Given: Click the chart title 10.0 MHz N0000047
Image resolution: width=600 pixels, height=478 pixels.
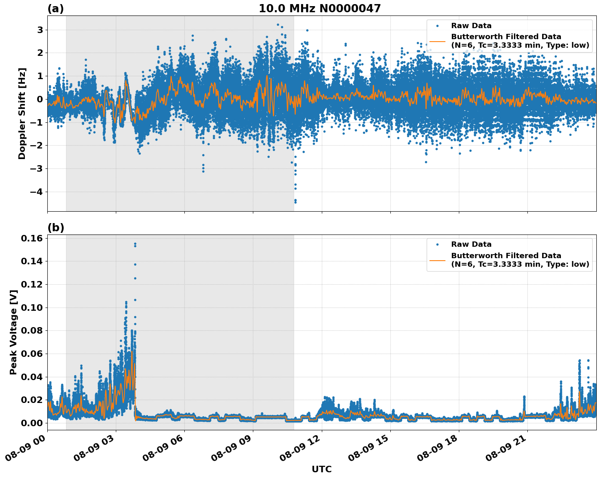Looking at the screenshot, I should pos(320,9).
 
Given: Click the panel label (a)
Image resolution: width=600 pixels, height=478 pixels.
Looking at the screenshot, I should pos(55,9).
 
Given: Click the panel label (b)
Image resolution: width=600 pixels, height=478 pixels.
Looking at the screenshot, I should pos(55,228).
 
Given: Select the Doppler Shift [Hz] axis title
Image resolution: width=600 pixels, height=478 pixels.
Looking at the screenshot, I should pos(22,113).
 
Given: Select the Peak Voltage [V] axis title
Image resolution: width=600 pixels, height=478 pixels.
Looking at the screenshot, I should pos(13,332).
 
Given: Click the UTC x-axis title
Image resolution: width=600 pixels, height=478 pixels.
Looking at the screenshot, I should pos(321,469).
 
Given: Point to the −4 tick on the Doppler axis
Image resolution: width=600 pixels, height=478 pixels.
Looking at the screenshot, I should pos(38,192).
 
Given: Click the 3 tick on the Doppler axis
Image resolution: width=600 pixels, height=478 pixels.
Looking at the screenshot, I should pos(40,30).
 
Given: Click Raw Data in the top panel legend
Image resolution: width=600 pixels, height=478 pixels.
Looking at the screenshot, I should pos(471,26).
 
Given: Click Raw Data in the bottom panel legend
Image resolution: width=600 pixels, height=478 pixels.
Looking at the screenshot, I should pos(471,244).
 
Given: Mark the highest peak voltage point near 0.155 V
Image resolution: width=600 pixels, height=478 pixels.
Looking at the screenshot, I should pos(135,244).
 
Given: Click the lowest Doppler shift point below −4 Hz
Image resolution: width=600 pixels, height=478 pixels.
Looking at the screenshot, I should pos(295,202).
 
